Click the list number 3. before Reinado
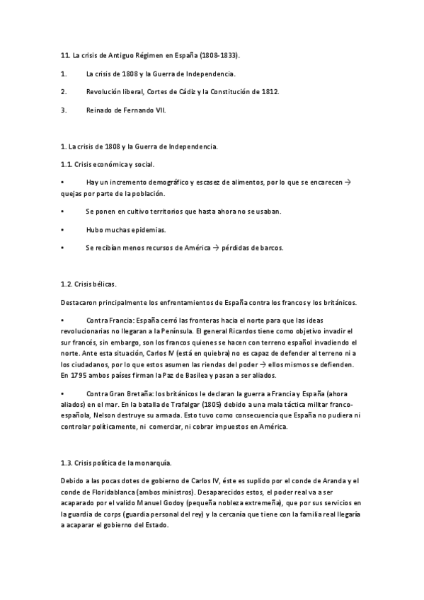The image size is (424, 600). (64, 110)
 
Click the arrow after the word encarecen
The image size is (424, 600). (356, 183)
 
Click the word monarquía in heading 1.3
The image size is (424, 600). (148, 463)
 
